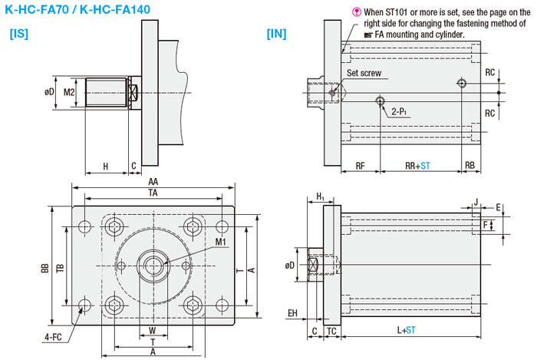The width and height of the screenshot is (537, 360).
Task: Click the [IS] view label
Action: pyautogui.click(x=18, y=34)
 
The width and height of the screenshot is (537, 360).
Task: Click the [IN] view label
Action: pyautogui.click(x=276, y=34)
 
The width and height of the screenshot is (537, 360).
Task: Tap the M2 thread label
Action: pyautogui.click(x=69, y=92)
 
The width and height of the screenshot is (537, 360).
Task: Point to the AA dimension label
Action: pyautogui.click(x=153, y=182)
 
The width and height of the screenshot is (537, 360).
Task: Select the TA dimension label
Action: pyautogui.click(x=153, y=194)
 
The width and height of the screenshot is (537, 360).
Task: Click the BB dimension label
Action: pyautogui.click(x=45, y=268)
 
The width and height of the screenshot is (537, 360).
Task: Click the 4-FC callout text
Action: pyautogui.click(x=54, y=337)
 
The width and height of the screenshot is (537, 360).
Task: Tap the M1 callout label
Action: pyautogui.click(x=221, y=243)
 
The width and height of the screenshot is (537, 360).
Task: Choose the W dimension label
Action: pyautogui.click(x=153, y=331)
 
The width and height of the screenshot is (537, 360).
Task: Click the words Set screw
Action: pyautogui.click(x=364, y=74)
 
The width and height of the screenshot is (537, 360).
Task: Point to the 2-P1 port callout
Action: pyautogui.click(x=399, y=111)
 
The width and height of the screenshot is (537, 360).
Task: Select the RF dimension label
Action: pyautogui.click(x=359, y=165)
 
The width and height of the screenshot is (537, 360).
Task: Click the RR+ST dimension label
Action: pyautogui.click(x=417, y=165)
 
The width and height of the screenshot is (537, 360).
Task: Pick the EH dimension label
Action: pyautogui.click(x=292, y=312)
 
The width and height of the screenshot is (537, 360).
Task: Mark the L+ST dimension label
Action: pyautogui.click(x=407, y=331)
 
